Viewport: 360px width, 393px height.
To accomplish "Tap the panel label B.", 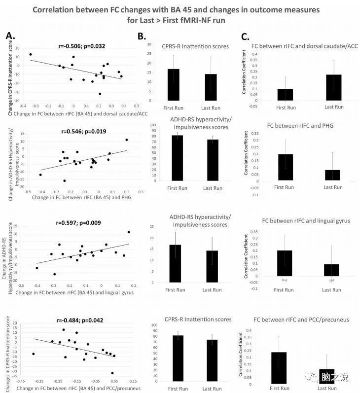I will (142, 36).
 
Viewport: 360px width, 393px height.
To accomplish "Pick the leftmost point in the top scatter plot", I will (31, 55).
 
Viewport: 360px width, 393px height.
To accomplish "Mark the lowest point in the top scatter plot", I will (100, 94).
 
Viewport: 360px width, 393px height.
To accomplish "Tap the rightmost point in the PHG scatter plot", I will (127, 140).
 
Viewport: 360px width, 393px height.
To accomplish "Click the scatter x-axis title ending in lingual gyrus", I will (74, 292).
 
